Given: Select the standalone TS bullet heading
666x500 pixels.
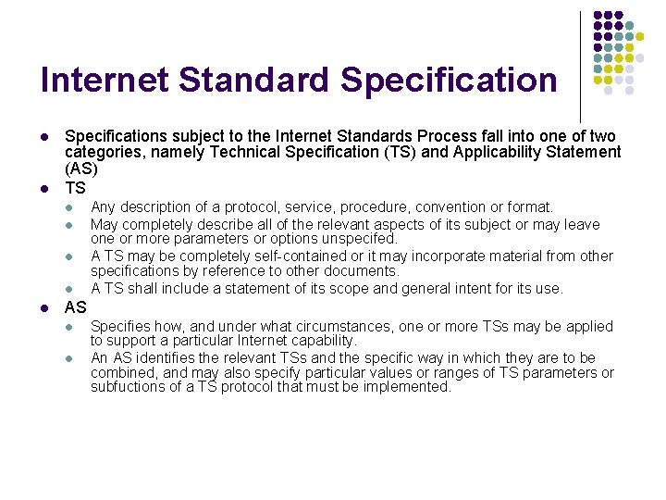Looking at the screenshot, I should (75, 188).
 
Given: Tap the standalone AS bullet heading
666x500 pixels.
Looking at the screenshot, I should (76, 307).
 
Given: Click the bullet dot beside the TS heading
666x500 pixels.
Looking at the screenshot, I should (45, 189).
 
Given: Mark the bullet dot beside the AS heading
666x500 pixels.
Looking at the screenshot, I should (45, 307).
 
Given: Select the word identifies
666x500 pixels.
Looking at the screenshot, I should (145, 358).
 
